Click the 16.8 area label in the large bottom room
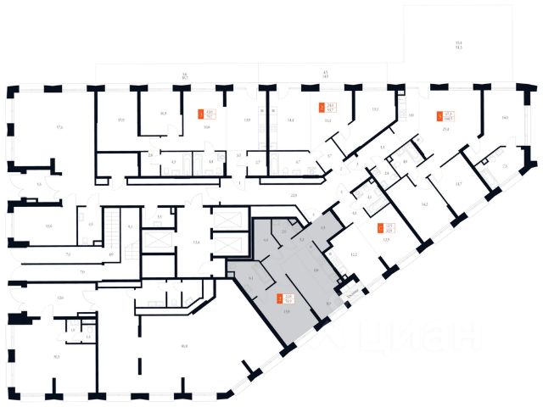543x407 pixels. (x=184, y=344)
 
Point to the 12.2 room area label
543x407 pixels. (x=353, y=254)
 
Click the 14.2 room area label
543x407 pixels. (x=423, y=205)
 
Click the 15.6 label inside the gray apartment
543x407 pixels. (x=288, y=312)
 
